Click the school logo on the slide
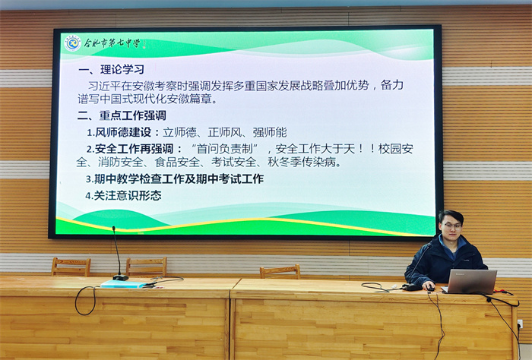pyautogui.click(x=72, y=43)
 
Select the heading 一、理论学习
pyautogui.click(x=111, y=70)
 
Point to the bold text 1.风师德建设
pyautogui.click(x=120, y=131)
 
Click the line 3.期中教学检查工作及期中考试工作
pyautogui.click(x=175, y=179)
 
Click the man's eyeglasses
pyautogui.click(x=452, y=226)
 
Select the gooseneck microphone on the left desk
pyautogui.click(x=117, y=254)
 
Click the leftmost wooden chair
pyautogui.click(x=71, y=266)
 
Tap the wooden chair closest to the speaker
pyautogui.click(x=280, y=271)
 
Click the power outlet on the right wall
pyautogui.click(x=520, y=324)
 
